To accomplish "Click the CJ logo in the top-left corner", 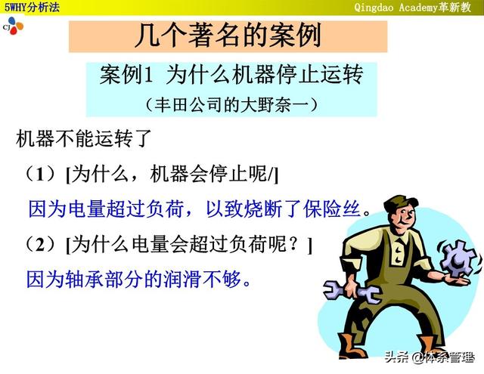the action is click(13, 26).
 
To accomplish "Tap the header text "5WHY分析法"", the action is click(32, 7).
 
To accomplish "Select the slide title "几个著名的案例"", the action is click(228, 36).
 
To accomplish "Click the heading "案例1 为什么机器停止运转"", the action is click(231, 75).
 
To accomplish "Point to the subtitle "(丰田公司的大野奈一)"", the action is click(231, 105).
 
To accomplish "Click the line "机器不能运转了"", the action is click(84, 138).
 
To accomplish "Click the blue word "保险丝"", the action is click(331, 209).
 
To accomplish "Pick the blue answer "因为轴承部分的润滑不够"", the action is click(134, 280).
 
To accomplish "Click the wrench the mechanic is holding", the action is click(352, 292).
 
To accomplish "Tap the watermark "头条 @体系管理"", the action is click(429, 357).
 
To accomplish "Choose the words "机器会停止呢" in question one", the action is click(209, 174).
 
